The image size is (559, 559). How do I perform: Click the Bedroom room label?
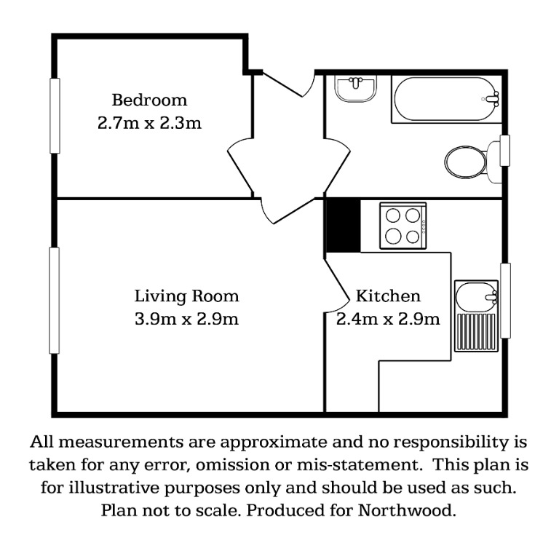(149, 100)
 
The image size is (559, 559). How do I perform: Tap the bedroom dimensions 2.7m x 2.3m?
(149, 123)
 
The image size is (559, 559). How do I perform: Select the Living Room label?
(186, 296)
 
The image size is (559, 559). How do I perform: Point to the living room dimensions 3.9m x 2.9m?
(186, 319)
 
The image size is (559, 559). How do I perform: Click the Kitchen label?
(388, 296)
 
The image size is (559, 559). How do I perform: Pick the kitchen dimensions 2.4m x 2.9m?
(388, 319)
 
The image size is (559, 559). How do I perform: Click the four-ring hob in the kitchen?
(403, 226)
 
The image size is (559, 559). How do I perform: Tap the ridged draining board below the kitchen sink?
(475, 331)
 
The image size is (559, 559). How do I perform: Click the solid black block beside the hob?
(343, 226)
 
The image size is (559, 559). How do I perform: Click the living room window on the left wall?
(54, 300)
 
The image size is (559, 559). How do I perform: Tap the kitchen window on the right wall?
(506, 301)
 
